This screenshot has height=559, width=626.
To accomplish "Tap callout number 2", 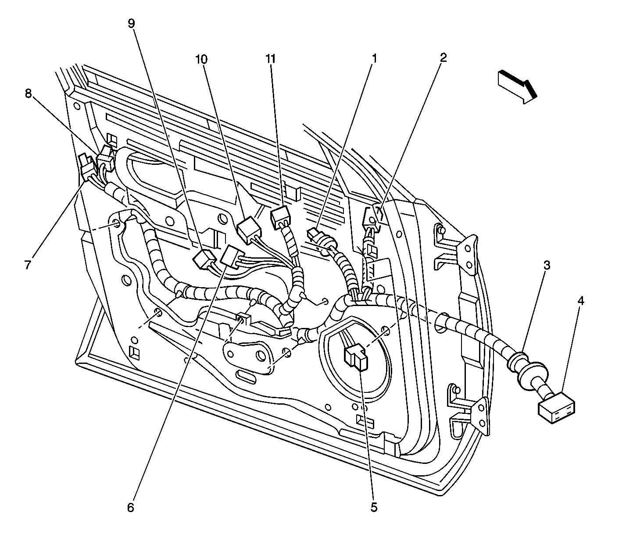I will [x=444, y=57].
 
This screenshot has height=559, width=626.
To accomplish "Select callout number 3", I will [x=547, y=265].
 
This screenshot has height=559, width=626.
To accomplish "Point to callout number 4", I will [x=580, y=301].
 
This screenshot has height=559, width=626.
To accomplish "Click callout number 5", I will [x=373, y=507].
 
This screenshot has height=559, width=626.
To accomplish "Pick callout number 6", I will [x=130, y=507].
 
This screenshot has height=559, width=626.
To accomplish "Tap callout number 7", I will [x=28, y=265].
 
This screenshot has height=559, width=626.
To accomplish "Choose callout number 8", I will [x=29, y=94].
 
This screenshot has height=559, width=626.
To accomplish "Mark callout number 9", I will [x=131, y=24].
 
